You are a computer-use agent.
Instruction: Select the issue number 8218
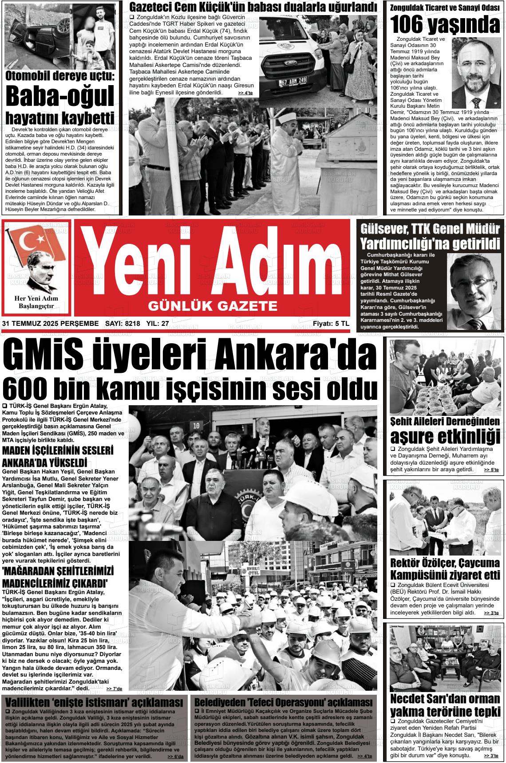tap(132, 324)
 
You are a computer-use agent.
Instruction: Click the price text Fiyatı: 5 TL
tap(331, 324)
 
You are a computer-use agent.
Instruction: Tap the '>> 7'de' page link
tap(114, 689)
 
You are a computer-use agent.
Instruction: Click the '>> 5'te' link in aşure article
tap(491, 470)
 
